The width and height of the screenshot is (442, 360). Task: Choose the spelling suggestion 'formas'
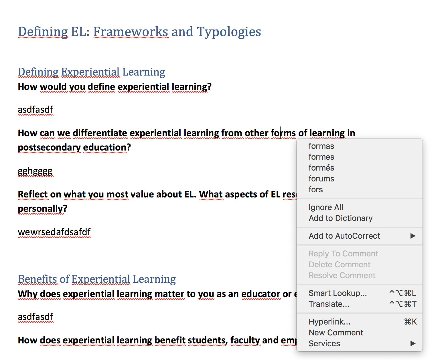pyautogui.click(x=321, y=146)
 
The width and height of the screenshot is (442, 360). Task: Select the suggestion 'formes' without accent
pyautogui.click(x=321, y=157)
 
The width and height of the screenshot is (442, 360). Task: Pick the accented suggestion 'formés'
pyautogui.click(x=321, y=168)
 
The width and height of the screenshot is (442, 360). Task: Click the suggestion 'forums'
pyautogui.click(x=321, y=179)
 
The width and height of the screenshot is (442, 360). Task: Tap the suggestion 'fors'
pyautogui.click(x=316, y=189)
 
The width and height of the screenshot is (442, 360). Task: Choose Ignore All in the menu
pyautogui.click(x=326, y=207)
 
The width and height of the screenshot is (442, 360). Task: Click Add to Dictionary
pyautogui.click(x=341, y=218)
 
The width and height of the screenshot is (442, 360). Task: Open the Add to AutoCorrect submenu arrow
pyautogui.click(x=413, y=236)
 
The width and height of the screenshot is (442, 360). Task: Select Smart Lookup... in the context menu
pyautogui.click(x=338, y=293)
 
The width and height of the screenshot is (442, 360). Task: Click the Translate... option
pyautogui.click(x=329, y=304)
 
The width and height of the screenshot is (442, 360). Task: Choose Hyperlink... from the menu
pyautogui.click(x=329, y=322)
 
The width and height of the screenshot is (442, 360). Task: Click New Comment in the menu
pyautogui.click(x=336, y=333)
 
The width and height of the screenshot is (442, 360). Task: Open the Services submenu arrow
pyautogui.click(x=413, y=343)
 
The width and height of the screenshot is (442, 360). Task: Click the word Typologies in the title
pyautogui.click(x=229, y=32)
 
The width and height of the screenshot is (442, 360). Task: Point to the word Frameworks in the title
pyautogui.click(x=131, y=31)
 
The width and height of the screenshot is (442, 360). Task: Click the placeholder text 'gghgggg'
pyautogui.click(x=35, y=171)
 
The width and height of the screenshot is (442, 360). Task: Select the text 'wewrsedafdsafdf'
pyautogui.click(x=54, y=232)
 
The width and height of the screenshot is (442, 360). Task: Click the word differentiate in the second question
pyautogui.click(x=100, y=133)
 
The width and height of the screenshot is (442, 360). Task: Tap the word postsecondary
pyautogui.click(x=49, y=148)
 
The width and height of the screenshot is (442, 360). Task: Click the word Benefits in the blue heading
pyautogui.click(x=37, y=279)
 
